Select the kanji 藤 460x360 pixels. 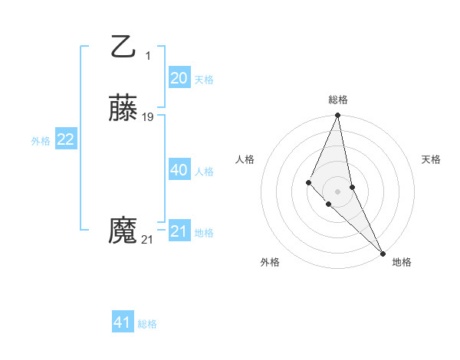pos(123,110)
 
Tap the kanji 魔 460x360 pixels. pos(123,231)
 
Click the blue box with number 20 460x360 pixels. pos(179,78)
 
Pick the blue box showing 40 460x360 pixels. pos(179,170)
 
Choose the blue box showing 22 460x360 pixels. pos(67,139)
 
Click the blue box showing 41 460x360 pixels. pos(123,323)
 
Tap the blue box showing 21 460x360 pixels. pos(179,231)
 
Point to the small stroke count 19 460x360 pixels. pos(148,117)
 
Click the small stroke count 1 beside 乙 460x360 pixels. pos(148,56)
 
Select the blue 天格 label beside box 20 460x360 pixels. pos(204,80)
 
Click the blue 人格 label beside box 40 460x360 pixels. pos(204,172)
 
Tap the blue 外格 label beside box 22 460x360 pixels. pos(41,141)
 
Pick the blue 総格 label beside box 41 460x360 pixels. pos(147,325)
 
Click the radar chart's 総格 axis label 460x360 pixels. pos(338,100)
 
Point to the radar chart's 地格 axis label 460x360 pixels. pos(402,262)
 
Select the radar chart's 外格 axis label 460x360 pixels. pos(270,262)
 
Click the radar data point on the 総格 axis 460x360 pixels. pos(338,116)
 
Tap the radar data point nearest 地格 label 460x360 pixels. pos(383,253)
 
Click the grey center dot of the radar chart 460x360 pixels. pos(338,191)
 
